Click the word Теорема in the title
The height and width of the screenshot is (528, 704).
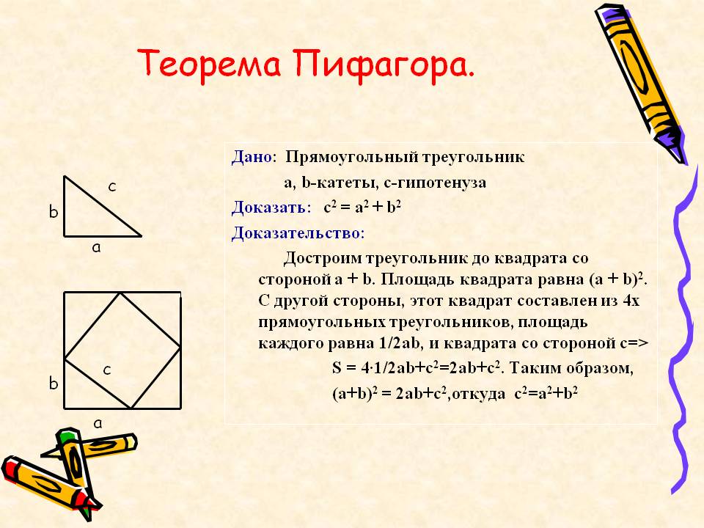tap(209, 65)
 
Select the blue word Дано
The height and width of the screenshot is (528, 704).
tap(252, 157)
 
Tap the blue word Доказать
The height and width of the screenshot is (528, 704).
tap(269, 207)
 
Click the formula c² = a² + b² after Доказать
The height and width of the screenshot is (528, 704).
tap(362, 207)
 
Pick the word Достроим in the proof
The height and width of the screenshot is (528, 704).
tap(323, 258)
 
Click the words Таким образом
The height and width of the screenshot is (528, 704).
tap(571, 368)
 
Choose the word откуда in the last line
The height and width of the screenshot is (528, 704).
tap(478, 395)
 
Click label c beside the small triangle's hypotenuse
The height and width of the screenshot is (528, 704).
tap(112, 186)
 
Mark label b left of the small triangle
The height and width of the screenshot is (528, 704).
tap(54, 211)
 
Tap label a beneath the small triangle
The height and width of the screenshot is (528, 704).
tap(96, 247)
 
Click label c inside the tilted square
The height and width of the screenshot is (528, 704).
tap(107, 370)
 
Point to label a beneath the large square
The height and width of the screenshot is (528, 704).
tap(98, 423)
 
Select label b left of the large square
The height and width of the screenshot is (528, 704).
tap(54, 383)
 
